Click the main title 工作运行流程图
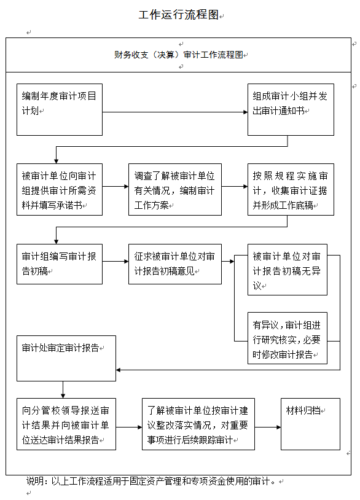179,15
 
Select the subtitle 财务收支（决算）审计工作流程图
179,55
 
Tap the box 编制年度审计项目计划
60,110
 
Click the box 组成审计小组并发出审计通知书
291,110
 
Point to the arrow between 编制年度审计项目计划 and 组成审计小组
175,112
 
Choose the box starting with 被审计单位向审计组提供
60,189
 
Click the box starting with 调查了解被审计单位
175,189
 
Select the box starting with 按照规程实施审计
291,189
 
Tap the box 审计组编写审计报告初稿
60,264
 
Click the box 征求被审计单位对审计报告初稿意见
175,264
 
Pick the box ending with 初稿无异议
288,270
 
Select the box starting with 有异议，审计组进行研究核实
288,338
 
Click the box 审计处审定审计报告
66,358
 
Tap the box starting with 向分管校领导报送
66,424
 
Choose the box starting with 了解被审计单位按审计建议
198,424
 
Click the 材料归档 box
311,424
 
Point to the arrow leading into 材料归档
268,427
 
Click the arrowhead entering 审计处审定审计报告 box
118,370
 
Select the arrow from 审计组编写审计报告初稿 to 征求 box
115,262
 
